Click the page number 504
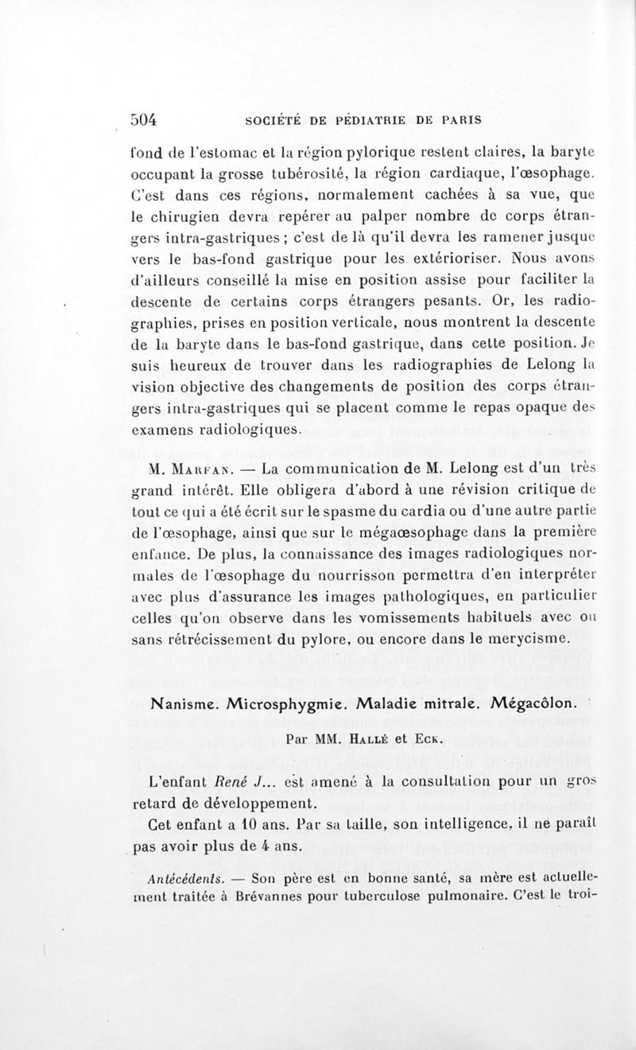(x=145, y=119)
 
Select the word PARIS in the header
(x=462, y=121)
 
